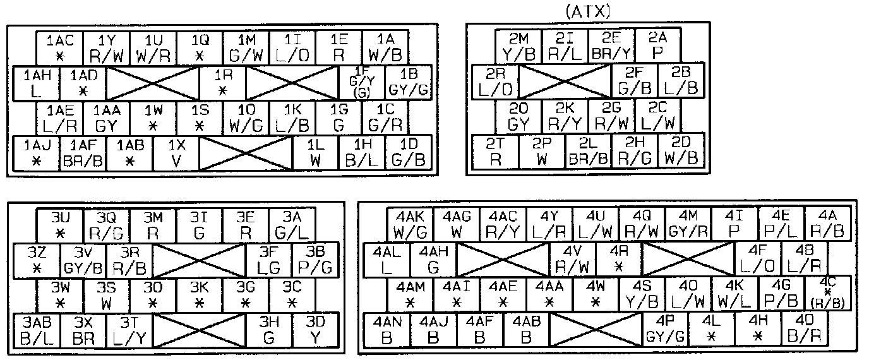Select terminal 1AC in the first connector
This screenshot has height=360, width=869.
[61, 48]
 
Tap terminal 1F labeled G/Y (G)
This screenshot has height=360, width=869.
[361, 83]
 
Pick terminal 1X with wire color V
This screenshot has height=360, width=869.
[176, 153]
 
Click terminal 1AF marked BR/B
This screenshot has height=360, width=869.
[83, 153]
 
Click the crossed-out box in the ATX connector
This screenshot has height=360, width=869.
[564, 81]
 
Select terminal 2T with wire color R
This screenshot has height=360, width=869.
[495, 152]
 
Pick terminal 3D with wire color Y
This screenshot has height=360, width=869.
[316, 330]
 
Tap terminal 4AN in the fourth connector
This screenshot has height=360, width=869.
[387, 329]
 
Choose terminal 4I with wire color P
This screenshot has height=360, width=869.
[734, 224]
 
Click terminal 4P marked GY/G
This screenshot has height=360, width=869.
[665, 329]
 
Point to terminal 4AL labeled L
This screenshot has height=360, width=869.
[387, 260]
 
